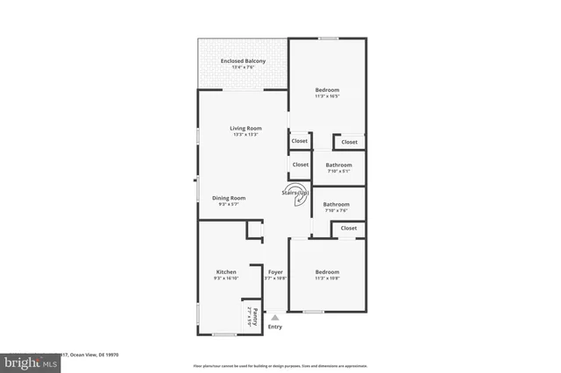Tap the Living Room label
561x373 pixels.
tap(246, 128)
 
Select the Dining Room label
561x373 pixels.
tap(229, 198)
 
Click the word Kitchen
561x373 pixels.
tap(226, 272)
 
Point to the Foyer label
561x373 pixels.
tap(275, 272)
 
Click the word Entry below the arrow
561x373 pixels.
tap(275, 327)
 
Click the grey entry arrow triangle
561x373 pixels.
tap(275, 317)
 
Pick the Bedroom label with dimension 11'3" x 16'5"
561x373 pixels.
tap(327, 89)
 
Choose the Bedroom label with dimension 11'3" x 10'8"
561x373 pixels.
tap(327, 272)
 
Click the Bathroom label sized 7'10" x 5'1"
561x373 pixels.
tap(338, 165)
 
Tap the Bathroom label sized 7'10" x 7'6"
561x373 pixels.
tap(337, 204)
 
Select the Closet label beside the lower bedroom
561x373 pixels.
tap(349, 228)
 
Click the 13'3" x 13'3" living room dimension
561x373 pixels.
tap(246, 135)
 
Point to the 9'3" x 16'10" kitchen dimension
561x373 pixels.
tap(226, 278)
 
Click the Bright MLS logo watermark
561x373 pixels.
tap(30, 360)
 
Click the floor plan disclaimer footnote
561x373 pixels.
tap(280, 365)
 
